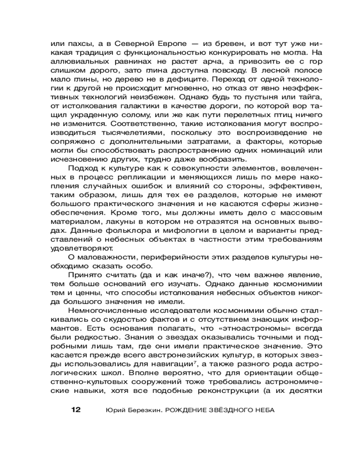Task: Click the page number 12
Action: [x=75, y=410]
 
